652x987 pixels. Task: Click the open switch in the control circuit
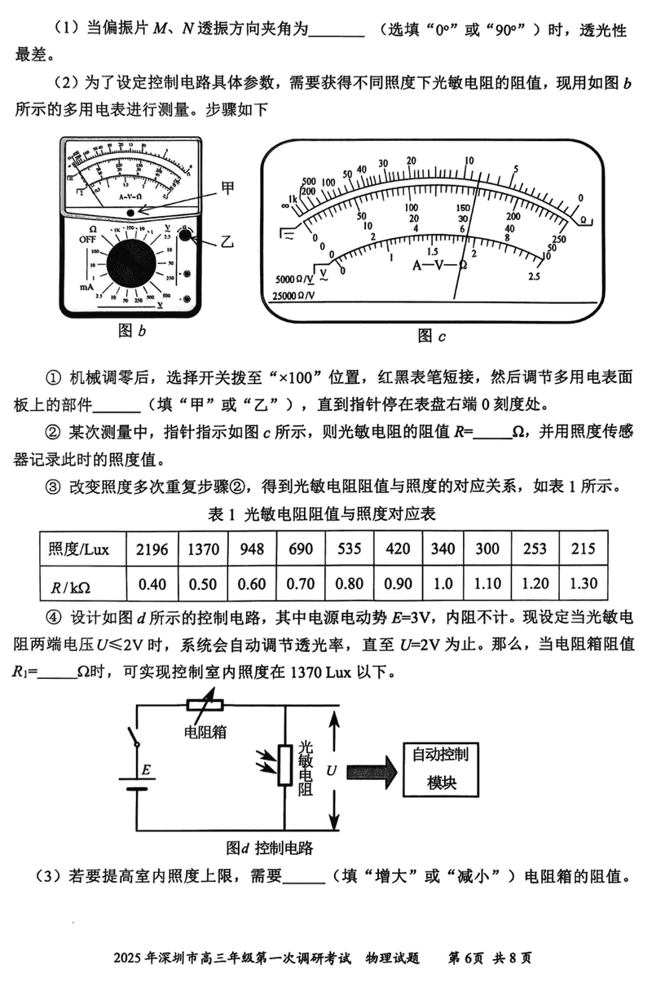coord(134,737)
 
